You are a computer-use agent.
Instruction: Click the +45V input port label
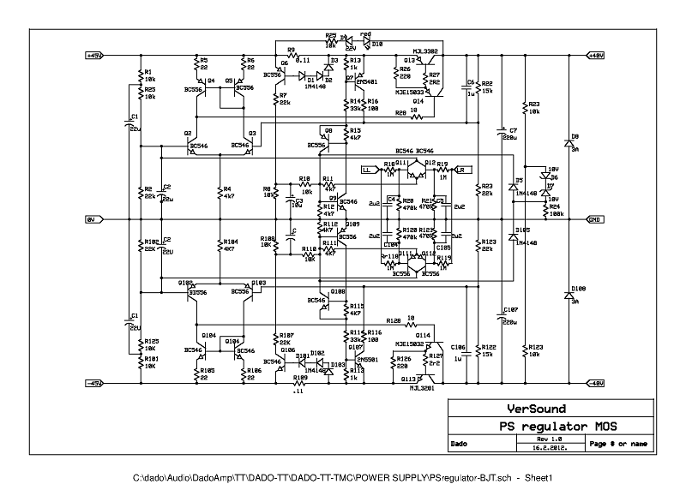pos(94,56)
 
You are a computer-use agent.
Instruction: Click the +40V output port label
pos(593,56)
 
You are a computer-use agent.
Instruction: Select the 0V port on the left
pos(93,219)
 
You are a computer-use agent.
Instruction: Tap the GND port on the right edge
pos(593,219)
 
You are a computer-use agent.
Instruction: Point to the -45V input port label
pos(94,383)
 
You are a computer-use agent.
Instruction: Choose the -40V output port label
pos(593,383)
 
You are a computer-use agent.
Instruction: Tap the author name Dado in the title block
pos(460,444)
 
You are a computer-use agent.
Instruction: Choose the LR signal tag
pos(459,170)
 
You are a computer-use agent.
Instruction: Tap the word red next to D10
pos(366,35)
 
